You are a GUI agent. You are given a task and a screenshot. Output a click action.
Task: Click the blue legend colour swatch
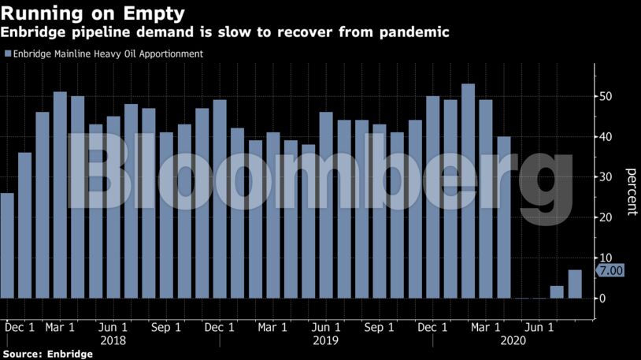point(8,54)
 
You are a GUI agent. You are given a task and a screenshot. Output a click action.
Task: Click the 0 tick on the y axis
point(602,299)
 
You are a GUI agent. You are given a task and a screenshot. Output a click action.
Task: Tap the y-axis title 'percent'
point(631,191)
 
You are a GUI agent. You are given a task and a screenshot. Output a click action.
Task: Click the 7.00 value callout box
point(610,270)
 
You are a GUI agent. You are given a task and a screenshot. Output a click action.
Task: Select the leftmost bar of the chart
point(7,246)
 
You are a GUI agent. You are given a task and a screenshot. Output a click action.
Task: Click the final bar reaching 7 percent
point(575,284)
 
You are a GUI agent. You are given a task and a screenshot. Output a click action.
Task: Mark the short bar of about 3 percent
point(557,292)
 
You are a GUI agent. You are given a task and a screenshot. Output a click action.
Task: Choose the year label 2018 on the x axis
point(113,341)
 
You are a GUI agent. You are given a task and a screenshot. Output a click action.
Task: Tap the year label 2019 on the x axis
point(325,341)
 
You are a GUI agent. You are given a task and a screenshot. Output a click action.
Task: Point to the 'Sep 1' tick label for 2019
point(380,327)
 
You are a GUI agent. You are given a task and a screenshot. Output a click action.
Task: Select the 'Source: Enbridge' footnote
point(46,354)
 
